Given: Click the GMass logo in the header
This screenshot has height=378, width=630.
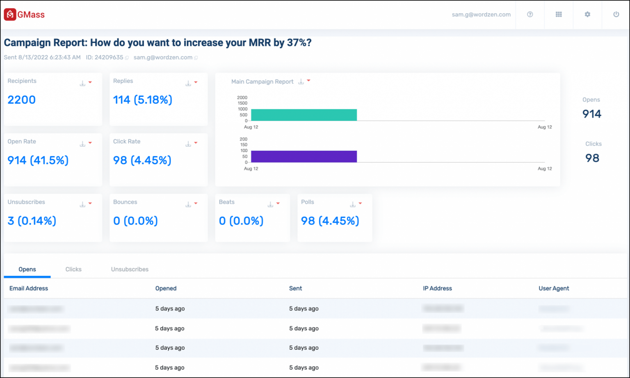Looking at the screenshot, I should coord(24,15).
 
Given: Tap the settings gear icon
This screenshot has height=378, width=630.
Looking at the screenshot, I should coord(587,14).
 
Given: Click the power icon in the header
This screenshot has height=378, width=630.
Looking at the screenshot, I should coord(616,14).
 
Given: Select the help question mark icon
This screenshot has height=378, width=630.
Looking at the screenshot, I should coord(530,14).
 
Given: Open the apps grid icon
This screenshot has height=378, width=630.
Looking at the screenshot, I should coord(559,14).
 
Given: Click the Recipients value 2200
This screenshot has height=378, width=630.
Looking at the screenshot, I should coord(22,100).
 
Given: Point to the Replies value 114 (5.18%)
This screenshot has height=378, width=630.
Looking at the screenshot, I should coord(143,100).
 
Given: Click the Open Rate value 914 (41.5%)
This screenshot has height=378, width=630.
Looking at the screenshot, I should coord(38,160).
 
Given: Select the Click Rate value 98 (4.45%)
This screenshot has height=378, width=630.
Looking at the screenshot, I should coord(142,160).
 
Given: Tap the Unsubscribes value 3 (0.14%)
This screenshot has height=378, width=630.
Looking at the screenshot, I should coord(32,221).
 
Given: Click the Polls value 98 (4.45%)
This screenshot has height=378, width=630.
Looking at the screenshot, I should coord(330,221).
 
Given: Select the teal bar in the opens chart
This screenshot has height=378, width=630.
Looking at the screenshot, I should coord(304,115).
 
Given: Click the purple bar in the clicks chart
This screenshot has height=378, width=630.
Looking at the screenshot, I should coord(304,156).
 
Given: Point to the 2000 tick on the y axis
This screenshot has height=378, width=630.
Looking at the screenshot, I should coord(242,97).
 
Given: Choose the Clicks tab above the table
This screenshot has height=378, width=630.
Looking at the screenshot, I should coord(73,269).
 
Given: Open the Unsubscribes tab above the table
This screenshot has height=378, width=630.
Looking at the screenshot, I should coord(130,269).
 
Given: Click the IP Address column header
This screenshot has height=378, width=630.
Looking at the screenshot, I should coord(437,288).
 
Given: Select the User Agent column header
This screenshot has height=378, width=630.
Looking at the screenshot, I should coord(554,288).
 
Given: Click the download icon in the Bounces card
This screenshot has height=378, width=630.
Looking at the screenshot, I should coord(188,204).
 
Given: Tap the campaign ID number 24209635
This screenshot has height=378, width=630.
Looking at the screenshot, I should coord(109,57).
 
